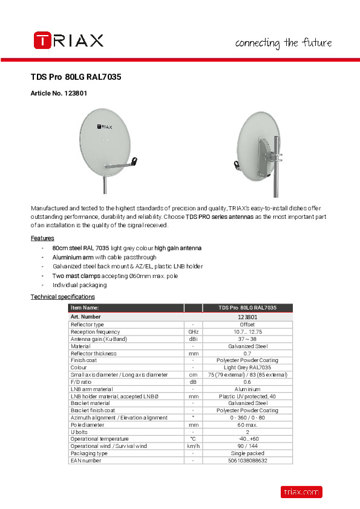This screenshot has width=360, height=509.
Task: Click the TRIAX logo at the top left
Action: coord(68,41)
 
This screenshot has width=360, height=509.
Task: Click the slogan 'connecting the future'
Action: coord(283,43)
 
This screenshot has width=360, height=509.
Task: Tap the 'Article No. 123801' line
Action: coord(59,94)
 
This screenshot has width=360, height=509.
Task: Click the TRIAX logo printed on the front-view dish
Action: coord(105,127)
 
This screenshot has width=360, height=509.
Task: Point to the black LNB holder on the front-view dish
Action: coord(134,161)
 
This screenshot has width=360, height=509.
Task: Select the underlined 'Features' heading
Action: coord(42,238)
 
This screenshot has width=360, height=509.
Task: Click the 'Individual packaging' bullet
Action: coord(79,285)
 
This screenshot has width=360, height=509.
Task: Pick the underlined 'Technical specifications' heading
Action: coord(63,297)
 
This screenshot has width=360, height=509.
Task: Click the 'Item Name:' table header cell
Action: coord(85,308)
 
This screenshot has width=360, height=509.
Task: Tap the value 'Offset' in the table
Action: coord(247,325)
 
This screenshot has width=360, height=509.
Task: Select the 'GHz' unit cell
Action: coord(192,332)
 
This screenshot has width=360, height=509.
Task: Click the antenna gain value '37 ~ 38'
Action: coord(247,339)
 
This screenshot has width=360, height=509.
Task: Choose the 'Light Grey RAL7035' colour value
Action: coord(247,368)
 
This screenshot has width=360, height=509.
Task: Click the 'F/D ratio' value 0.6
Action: coord(247,382)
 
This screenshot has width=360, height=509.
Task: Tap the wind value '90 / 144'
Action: coord(247,446)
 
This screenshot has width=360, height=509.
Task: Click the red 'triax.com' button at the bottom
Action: coord(301,492)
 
